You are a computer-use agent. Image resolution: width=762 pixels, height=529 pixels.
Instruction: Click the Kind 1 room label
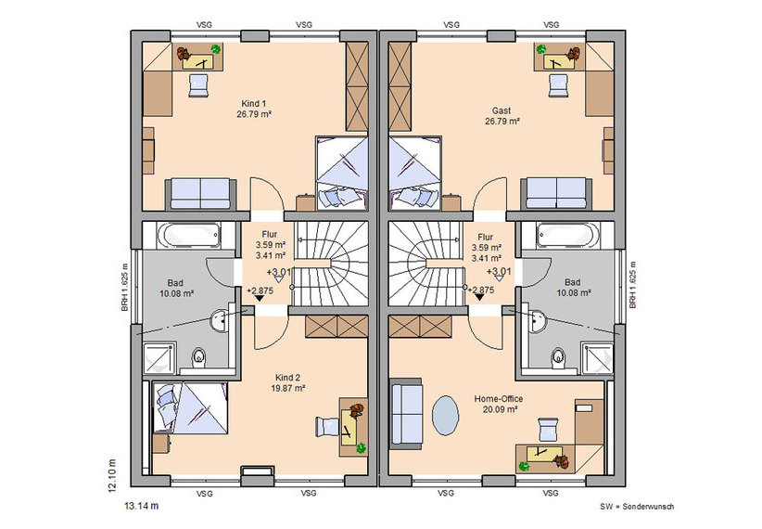[x=254, y=104]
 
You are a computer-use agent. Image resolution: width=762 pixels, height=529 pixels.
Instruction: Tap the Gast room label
[x=502, y=110]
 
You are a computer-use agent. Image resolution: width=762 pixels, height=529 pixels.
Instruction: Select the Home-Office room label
[x=499, y=398]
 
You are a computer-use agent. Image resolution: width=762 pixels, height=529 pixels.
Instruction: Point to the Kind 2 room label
[x=287, y=378]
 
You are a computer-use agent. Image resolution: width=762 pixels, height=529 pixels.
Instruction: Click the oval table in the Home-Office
[x=445, y=415]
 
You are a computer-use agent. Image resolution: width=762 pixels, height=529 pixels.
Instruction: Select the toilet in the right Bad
[x=559, y=357]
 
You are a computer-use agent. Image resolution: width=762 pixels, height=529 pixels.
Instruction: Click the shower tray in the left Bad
[x=159, y=359]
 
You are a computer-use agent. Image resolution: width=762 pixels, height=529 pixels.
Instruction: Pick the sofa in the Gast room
[x=556, y=194]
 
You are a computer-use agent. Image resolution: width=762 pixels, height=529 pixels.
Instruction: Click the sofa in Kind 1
[x=201, y=194]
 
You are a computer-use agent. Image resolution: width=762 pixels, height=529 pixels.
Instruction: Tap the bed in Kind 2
[x=190, y=407]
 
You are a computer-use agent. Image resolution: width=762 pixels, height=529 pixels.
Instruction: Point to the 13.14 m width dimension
[x=142, y=506]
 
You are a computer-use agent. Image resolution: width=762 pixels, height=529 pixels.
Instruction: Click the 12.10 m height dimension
[x=112, y=475]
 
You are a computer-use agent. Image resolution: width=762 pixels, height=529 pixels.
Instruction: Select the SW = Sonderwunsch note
[x=637, y=507]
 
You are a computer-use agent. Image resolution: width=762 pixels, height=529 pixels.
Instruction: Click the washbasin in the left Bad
[x=219, y=321]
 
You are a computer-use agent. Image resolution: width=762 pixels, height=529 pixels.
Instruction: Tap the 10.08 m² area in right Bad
[x=574, y=293]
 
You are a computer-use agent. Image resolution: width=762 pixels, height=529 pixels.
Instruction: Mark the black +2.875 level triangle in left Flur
[x=259, y=298]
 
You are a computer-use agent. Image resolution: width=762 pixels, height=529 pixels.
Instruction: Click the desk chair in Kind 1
[x=198, y=85]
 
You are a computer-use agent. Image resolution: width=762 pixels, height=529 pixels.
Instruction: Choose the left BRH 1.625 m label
[x=124, y=288]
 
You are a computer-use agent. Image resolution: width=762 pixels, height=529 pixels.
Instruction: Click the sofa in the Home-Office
[x=407, y=414]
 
